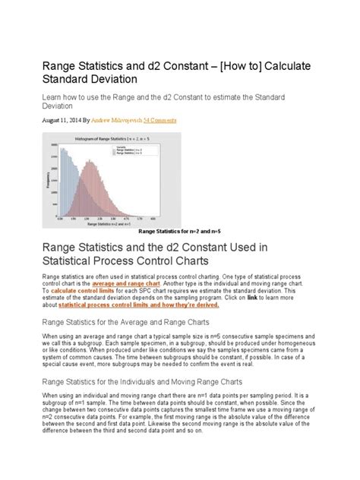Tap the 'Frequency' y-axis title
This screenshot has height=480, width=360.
click(49, 182)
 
